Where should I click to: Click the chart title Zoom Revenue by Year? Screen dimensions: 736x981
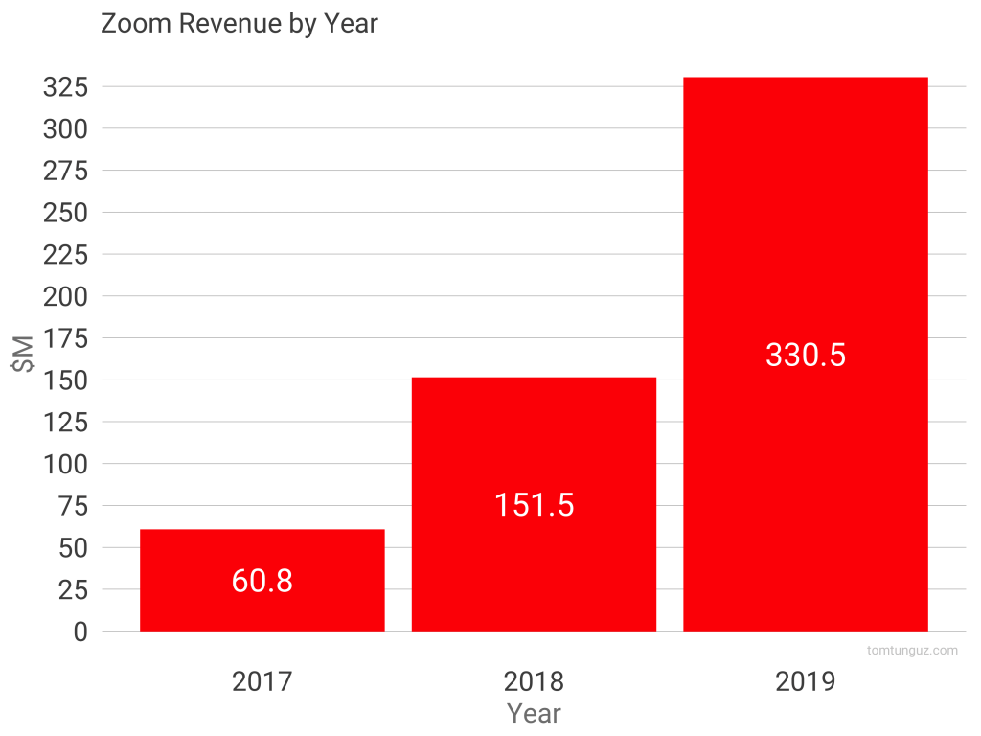[x=240, y=24]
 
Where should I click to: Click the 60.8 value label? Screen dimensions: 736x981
[x=262, y=582]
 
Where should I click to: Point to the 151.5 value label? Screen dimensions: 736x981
[x=534, y=505]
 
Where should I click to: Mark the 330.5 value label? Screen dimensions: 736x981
[x=806, y=355]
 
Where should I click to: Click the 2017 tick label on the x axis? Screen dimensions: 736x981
[x=262, y=681]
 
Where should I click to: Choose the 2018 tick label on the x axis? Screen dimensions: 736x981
[x=534, y=681]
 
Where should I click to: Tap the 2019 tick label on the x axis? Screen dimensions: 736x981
[x=806, y=681]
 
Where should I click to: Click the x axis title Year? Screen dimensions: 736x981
[x=534, y=714]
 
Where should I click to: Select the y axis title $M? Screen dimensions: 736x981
[x=23, y=358]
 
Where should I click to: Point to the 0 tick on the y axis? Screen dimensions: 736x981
[x=80, y=632]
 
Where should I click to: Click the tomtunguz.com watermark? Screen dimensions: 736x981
[x=911, y=651]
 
